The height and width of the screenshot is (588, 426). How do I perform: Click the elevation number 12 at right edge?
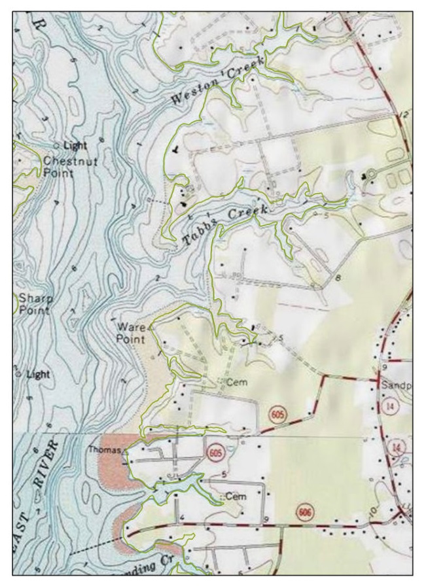402,116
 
